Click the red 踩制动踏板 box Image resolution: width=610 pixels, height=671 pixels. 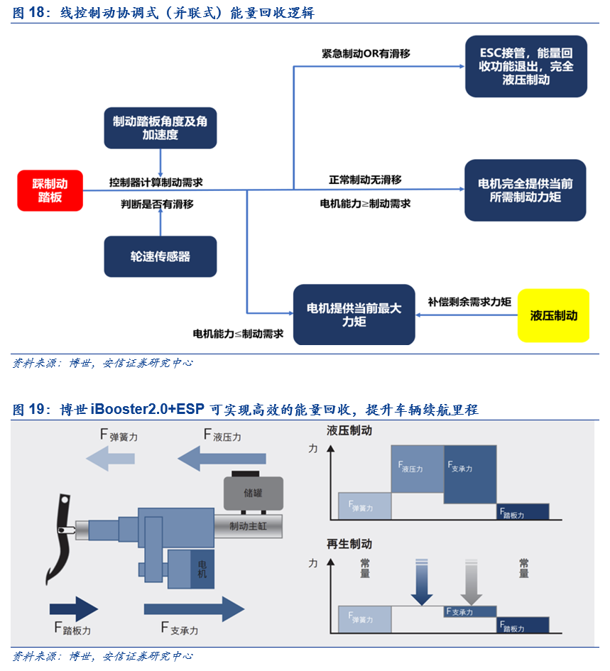coord(50,190)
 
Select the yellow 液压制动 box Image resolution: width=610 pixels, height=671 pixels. coord(553,315)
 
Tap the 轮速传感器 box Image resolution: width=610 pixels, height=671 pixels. coord(160,256)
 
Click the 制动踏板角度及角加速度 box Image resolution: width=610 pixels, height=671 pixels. coord(160,128)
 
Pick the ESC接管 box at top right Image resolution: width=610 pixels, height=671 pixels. coord(525,66)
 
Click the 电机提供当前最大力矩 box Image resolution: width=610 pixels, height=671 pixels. coord(354,315)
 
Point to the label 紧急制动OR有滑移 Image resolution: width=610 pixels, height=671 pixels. coord(365,53)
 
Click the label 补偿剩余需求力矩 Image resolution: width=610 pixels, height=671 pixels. coord(469,301)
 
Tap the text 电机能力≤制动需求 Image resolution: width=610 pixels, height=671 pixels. coord(238,333)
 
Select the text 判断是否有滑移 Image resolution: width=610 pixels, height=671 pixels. coord(156,204)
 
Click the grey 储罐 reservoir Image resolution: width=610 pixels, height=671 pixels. coord(253,492)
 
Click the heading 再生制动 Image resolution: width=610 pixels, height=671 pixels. coord(349,545)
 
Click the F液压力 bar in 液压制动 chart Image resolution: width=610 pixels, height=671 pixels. coord(417,469)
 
